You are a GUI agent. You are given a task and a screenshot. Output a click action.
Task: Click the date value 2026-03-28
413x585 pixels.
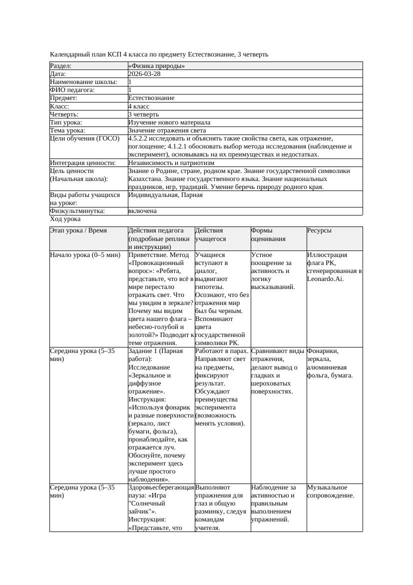pyautogui.click(x=144, y=74)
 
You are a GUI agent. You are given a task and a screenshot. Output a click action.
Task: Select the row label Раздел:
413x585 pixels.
pyautogui.click(x=61, y=66)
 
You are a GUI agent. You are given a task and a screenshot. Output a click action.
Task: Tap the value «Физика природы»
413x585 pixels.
pyautogui.click(x=156, y=66)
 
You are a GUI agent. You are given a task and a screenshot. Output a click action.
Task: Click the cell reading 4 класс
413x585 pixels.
pyautogui.click(x=139, y=106)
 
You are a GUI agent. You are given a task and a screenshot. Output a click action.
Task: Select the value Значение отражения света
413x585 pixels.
pyautogui.click(x=167, y=130)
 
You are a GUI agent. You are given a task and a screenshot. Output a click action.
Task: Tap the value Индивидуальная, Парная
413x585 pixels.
pyautogui.click(x=165, y=195)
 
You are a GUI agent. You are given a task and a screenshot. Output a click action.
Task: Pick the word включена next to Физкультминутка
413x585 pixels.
pyautogui.click(x=142, y=211)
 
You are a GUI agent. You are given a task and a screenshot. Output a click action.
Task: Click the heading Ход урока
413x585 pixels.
pyautogui.click(x=65, y=219)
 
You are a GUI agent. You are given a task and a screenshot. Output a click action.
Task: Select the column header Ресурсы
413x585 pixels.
pyautogui.click(x=320, y=230)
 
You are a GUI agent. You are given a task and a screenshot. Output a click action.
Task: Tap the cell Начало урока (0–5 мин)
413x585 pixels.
pyautogui.click(x=85, y=255)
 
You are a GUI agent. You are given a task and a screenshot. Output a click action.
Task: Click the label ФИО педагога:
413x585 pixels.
pyautogui.click(x=73, y=90)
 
